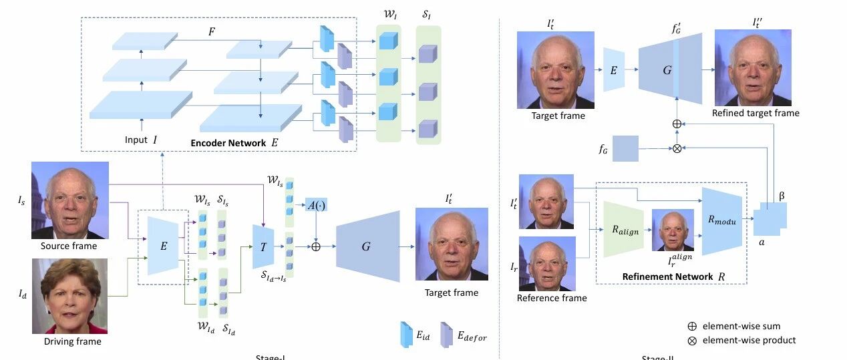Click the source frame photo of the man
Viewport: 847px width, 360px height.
69,200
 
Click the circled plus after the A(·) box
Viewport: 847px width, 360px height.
316,246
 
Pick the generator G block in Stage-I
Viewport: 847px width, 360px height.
366,246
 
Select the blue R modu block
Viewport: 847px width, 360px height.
722,221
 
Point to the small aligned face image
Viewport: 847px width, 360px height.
673,230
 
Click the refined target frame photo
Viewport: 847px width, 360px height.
753,67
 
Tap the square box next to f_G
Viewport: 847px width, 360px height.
625,148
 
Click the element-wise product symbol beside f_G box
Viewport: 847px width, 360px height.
677,148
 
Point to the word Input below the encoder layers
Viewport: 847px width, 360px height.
136,140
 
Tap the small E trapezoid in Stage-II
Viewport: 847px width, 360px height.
613,69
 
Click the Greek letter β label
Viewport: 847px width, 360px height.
782,196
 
